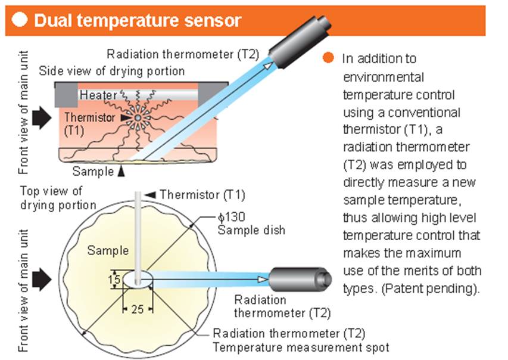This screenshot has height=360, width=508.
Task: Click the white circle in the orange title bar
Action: tap(20, 20)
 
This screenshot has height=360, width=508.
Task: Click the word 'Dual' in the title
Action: tap(52, 21)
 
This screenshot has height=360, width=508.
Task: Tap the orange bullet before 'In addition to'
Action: tap(328, 58)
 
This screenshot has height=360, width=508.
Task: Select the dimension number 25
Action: tap(138, 309)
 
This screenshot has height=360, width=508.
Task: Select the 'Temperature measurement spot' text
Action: tap(301, 347)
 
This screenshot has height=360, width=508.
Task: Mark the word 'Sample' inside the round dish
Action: tap(108, 250)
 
